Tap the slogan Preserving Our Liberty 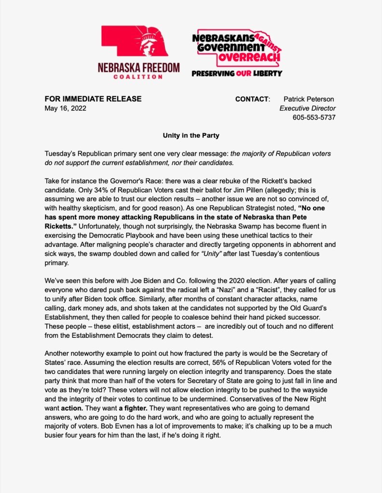click(237, 74)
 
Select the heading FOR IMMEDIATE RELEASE click(93, 99)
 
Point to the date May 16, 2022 click(66, 108)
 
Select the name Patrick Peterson click(310, 99)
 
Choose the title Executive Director click(308, 108)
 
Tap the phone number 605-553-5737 click(314, 118)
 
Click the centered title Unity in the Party click(191, 135)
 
